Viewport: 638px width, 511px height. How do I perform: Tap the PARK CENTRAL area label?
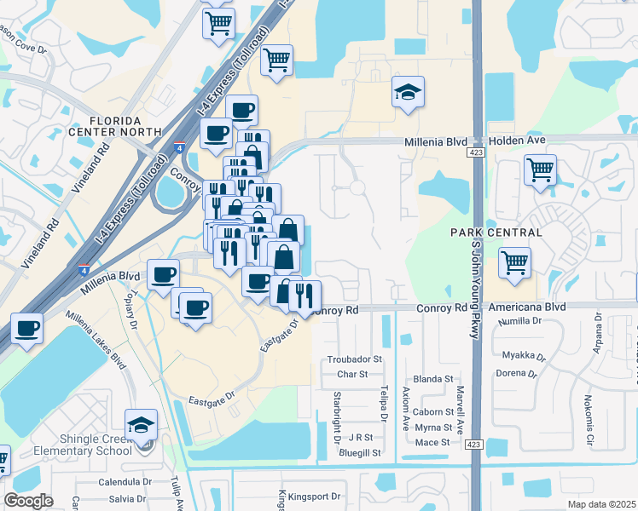click(496, 233)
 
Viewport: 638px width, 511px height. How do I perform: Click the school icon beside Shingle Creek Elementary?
click(141, 424)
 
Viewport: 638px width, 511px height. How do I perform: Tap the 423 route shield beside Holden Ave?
click(474, 152)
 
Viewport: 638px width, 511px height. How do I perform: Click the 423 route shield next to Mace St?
click(474, 444)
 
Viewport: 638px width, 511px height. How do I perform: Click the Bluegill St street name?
click(359, 453)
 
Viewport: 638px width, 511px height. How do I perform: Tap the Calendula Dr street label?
click(124, 481)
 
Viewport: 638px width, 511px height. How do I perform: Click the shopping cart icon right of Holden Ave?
click(540, 171)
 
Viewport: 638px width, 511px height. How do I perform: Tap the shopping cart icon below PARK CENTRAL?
click(514, 263)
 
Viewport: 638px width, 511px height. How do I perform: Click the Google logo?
click(28, 501)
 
